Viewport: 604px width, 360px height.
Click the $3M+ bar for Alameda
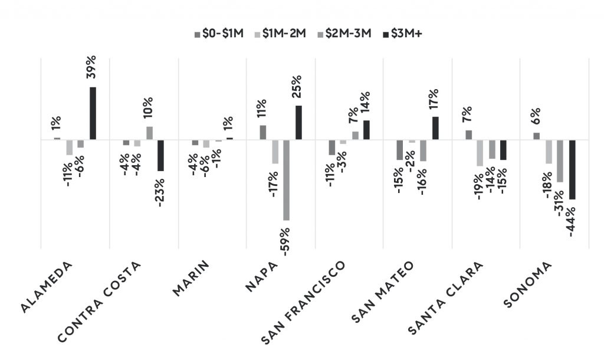93,113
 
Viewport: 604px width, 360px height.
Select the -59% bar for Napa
287,180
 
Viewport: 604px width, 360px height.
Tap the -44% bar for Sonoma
572,169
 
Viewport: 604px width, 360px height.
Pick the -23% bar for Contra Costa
160,155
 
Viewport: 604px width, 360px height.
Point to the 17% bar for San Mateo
435,128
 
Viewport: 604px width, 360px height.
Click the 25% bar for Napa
298,123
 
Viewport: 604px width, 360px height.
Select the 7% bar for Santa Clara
468,135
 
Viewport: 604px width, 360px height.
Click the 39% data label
91,70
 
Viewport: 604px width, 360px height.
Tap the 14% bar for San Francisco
366,130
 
